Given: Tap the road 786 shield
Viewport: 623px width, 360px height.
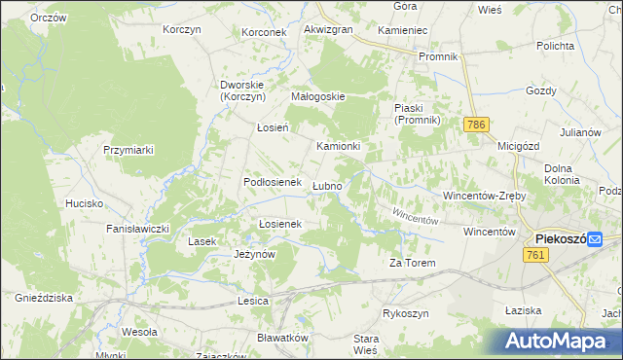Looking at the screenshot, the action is pyautogui.click(x=475, y=126).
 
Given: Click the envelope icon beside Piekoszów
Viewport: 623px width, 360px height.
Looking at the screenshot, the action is pyautogui.click(x=607, y=239).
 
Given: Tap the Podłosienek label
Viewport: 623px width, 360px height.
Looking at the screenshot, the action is pyautogui.click(x=270, y=183).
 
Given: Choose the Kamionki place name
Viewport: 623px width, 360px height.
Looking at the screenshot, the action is pyautogui.click(x=338, y=147).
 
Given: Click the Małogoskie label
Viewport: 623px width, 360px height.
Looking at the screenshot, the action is pyautogui.click(x=319, y=97).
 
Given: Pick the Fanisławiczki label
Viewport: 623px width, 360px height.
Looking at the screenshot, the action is pyautogui.click(x=138, y=229).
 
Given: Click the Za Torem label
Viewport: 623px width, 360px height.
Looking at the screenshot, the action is pyautogui.click(x=412, y=264).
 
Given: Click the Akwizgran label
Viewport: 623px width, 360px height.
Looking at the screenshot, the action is pyautogui.click(x=328, y=30).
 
